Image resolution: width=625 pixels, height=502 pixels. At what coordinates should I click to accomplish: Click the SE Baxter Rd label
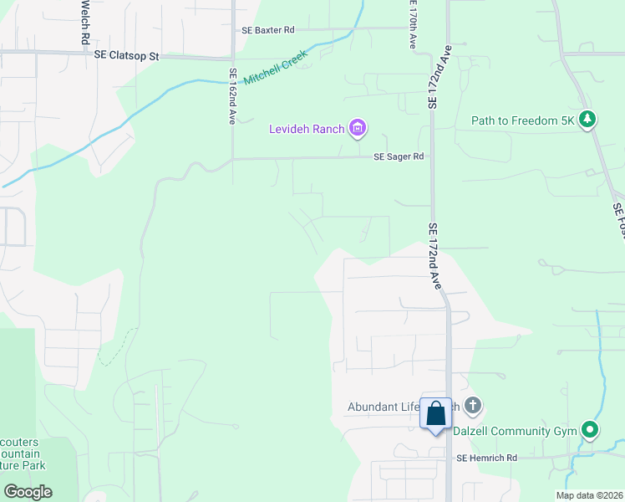click(x=265, y=29)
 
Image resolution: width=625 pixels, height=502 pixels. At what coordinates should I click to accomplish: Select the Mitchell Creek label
click(x=276, y=68)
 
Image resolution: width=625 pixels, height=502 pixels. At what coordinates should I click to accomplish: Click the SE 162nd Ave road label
click(x=231, y=100)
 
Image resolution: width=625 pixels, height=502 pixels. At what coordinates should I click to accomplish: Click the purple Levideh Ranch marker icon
click(x=358, y=128)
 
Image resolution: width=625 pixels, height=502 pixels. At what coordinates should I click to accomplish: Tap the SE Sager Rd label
click(x=399, y=156)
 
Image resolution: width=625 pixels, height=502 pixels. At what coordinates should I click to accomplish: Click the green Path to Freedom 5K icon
click(x=588, y=120)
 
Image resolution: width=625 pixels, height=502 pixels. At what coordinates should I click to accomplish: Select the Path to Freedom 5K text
click(x=524, y=121)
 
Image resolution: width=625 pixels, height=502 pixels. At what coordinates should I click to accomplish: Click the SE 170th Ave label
click(x=412, y=25)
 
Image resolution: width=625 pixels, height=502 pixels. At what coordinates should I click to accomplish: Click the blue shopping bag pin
click(x=435, y=415)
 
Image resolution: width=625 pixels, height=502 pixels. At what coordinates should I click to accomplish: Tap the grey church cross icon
click(x=473, y=407)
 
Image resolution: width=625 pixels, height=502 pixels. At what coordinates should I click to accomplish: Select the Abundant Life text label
click(x=384, y=408)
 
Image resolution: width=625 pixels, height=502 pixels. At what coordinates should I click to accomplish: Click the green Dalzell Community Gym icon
click(x=590, y=431)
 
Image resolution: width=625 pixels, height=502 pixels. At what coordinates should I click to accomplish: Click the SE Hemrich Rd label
click(x=487, y=458)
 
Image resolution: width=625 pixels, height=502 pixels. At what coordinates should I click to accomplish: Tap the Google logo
click(x=28, y=491)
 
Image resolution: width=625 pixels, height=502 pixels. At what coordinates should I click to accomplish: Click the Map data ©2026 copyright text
click(x=589, y=495)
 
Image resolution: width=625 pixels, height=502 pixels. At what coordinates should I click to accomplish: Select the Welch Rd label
click(x=85, y=21)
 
